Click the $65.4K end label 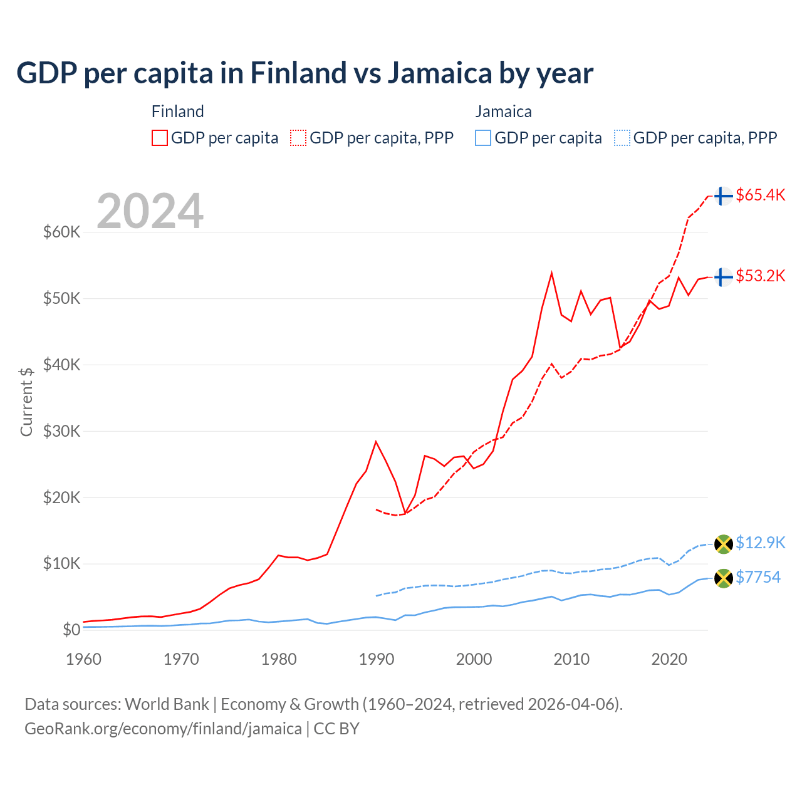pyautogui.click(x=760, y=195)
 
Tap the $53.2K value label pyautogui.click(x=760, y=276)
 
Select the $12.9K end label pyautogui.click(x=760, y=543)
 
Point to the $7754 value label pyautogui.click(x=758, y=577)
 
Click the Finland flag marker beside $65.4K pyautogui.click(x=723, y=196)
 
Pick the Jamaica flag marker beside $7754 pyautogui.click(x=723, y=578)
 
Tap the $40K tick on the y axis pyautogui.click(x=61, y=365)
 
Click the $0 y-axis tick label pyautogui.click(x=71, y=630)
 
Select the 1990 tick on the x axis pyautogui.click(x=376, y=659)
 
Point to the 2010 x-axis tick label pyautogui.click(x=571, y=659)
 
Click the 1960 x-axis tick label pyautogui.click(x=83, y=659)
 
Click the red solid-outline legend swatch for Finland pyautogui.click(x=160, y=138)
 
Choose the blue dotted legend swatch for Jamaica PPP pyautogui.click(x=622, y=138)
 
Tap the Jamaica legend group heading pyautogui.click(x=503, y=112)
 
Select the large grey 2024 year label pyautogui.click(x=150, y=211)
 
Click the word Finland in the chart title pyautogui.click(x=298, y=73)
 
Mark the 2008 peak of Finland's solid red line pyautogui.click(x=551, y=273)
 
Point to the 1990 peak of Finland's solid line pyautogui.click(x=376, y=442)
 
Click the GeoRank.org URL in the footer pyautogui.click(x=163, y=729)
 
